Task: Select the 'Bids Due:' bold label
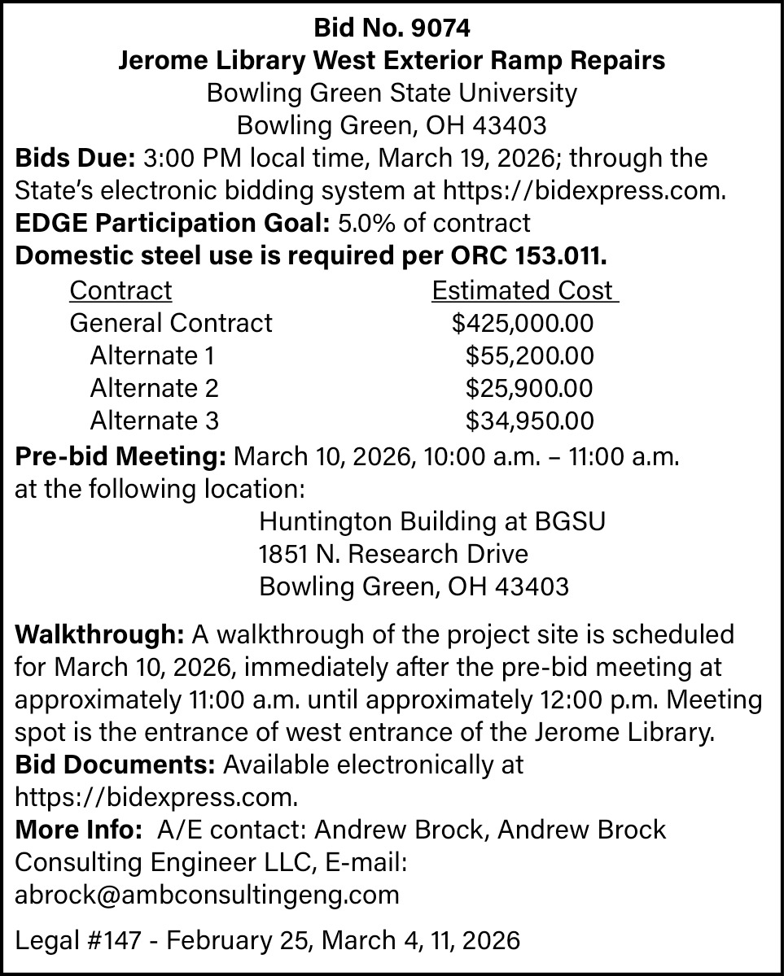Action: (x=76, y=157)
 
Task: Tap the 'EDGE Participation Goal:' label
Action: (x=170, y=222)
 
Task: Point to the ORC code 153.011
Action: (x=562, y=255)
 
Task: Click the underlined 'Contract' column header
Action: (x=120, y=290)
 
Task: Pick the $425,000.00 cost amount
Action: (x=523, y=323)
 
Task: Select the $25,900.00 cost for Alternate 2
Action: (x=529, y=388)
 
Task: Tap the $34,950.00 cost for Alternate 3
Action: (x=529, y=420)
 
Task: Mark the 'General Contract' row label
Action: (x=171, y=323)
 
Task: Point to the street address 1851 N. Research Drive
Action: (x=393, y=554)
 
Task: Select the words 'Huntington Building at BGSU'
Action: (x=431, y=521)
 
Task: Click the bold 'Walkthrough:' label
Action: (x=101, y=634)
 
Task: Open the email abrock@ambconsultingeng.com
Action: (x=208, y=895)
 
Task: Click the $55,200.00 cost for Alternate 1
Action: (x=529, y=355)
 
